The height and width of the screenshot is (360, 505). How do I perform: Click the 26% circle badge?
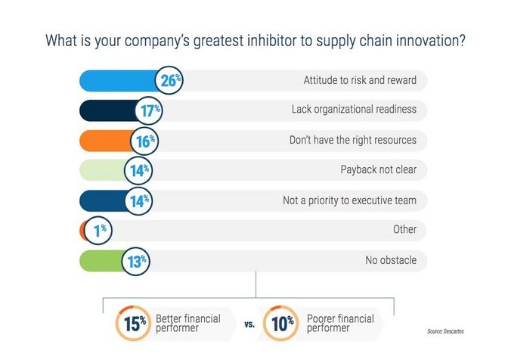169,80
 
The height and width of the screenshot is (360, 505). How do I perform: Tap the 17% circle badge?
149,110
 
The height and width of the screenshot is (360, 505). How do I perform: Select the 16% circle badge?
144,141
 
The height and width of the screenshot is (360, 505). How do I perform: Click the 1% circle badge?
98,230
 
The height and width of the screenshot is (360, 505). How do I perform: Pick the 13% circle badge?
136,261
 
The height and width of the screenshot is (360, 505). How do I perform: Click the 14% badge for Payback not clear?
138,170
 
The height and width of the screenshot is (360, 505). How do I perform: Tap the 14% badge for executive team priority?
138,200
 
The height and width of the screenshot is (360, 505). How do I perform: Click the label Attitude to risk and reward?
360,80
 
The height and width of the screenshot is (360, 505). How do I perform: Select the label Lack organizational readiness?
354,109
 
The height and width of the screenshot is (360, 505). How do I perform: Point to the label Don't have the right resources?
353,140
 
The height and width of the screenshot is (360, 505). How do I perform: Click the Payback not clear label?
379,169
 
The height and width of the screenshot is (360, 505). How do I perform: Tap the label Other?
405,229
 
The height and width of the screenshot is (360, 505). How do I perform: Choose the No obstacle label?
391,259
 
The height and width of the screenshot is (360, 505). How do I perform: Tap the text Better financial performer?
188,323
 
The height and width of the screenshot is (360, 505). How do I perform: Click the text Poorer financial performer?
340,323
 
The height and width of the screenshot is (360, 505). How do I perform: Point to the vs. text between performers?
249,324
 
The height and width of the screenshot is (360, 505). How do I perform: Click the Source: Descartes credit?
445,331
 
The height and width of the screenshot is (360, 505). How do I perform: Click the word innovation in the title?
430,41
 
